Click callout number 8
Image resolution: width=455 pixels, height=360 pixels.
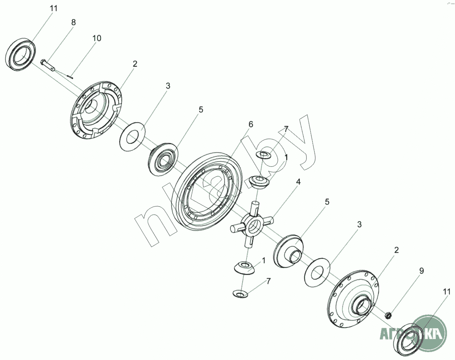point(73,22)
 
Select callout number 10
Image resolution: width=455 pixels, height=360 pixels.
point(96,38)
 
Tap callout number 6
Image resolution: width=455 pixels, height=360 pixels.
point(251,124)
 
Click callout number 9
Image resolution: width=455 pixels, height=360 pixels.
point(421,270)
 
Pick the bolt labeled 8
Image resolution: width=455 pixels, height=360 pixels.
point(48,64)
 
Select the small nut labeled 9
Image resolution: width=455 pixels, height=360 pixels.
point(388,314)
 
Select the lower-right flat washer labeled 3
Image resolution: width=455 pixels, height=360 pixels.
point(317,271)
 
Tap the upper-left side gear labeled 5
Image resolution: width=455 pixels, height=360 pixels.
point(163,161)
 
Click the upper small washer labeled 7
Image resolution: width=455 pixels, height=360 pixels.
point(264,155)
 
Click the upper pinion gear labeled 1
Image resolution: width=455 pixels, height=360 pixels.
point(259,182)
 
